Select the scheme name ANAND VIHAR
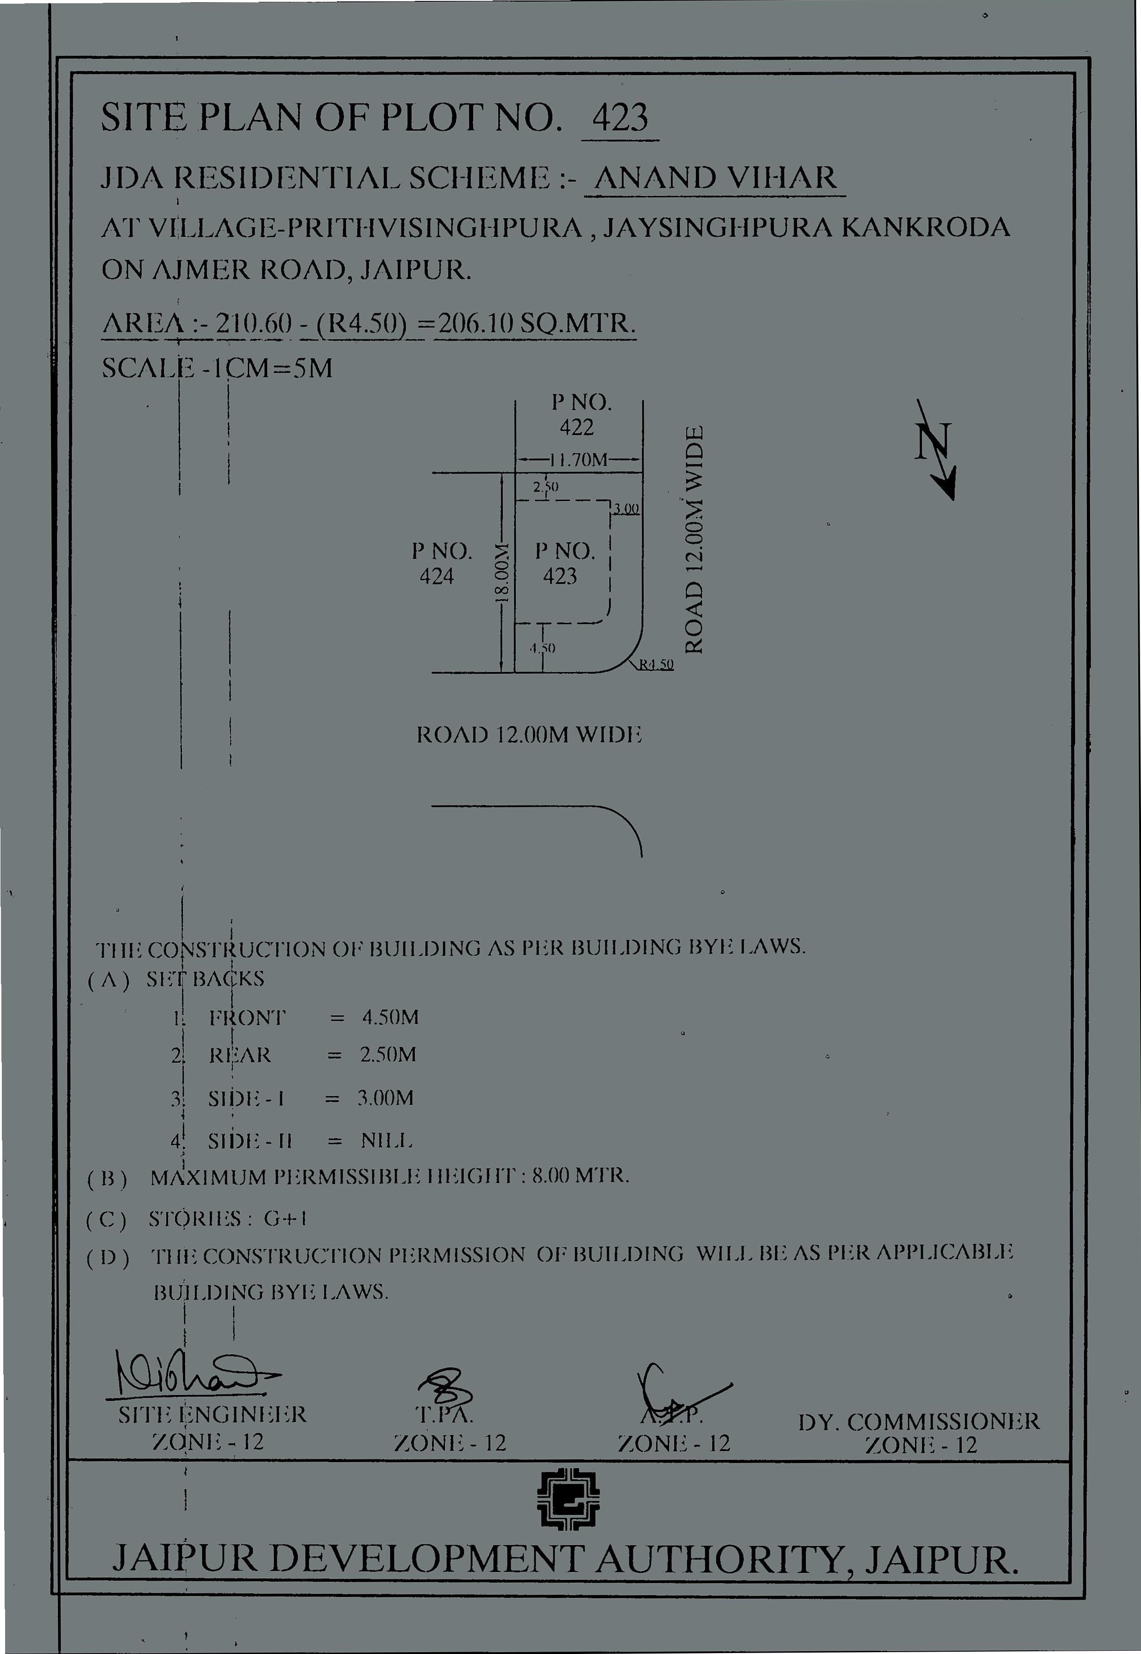click(x=715, y=177)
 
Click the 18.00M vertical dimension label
click(x=502, y=573)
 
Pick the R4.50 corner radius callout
click(x=656, y=665)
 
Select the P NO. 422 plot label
click(x=580, y=415)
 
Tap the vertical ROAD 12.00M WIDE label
click(x=696, y=540)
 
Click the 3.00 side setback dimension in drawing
click(x=626, y=509)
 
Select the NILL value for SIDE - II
click(x=387, y=1141)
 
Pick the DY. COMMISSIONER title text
click(x=919, y=1421)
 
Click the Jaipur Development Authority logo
click(x=568, y=1500)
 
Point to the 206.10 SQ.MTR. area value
click(x=535, y=324)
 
